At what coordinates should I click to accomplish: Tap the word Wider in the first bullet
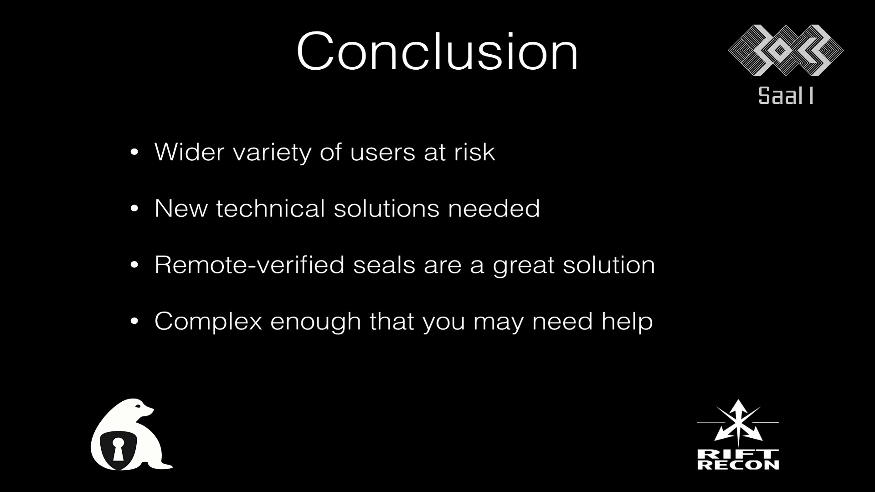189,152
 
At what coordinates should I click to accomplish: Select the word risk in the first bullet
474,152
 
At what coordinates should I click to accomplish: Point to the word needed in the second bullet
494,208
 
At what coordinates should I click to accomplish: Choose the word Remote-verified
250,265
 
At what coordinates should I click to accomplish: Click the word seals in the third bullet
384,265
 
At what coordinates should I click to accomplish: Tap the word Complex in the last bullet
208,322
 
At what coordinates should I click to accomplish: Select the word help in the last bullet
627,322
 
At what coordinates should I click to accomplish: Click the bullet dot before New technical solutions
134,209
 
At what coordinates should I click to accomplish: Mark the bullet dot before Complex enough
134,322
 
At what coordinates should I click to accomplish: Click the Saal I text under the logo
786,96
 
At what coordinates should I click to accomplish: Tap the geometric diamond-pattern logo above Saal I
786,50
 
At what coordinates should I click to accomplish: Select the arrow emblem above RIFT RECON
738,422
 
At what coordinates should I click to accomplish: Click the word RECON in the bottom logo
738,465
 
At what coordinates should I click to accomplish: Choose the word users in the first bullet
382,153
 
